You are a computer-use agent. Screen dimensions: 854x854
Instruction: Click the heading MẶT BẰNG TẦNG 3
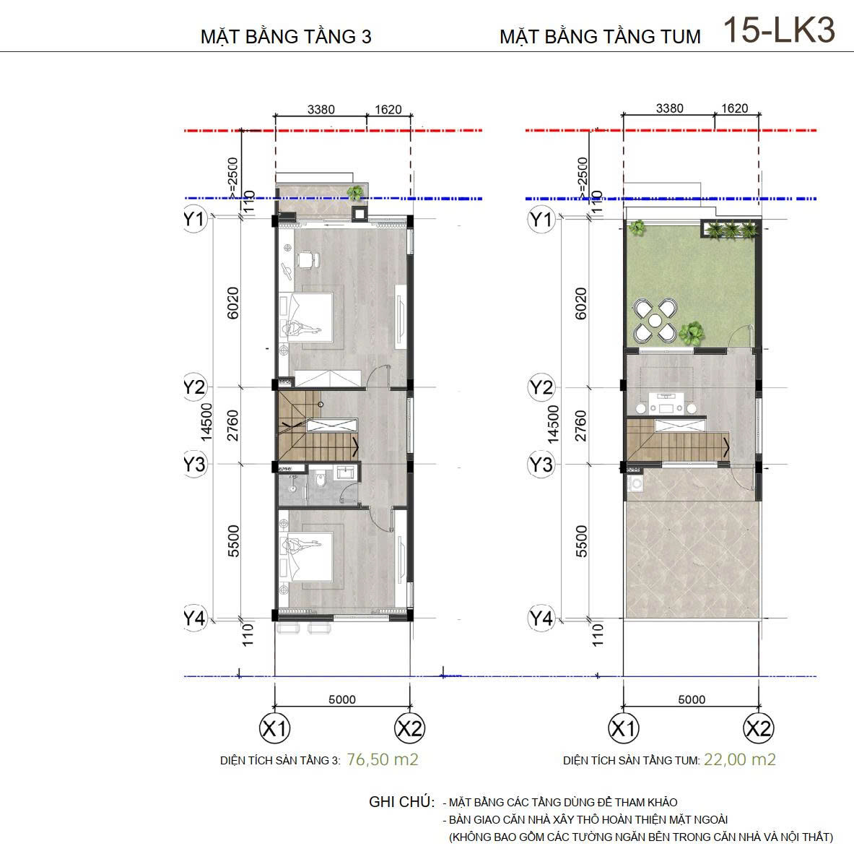coord(286,37)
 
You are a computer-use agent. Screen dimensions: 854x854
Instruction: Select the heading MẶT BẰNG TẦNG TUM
coord(600,37)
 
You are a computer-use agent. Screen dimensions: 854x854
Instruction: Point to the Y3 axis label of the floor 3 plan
coord(194,465)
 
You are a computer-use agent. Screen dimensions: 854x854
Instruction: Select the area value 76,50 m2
coord(383,759)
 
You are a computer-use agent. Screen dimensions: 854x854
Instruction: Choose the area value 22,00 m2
coord(740,759)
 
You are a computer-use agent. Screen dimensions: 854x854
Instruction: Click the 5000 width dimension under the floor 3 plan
coord(342,699)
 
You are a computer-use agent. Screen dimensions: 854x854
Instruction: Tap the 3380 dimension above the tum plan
coord(669,108)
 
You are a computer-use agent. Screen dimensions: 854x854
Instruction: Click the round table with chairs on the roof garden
coord(655,320)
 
